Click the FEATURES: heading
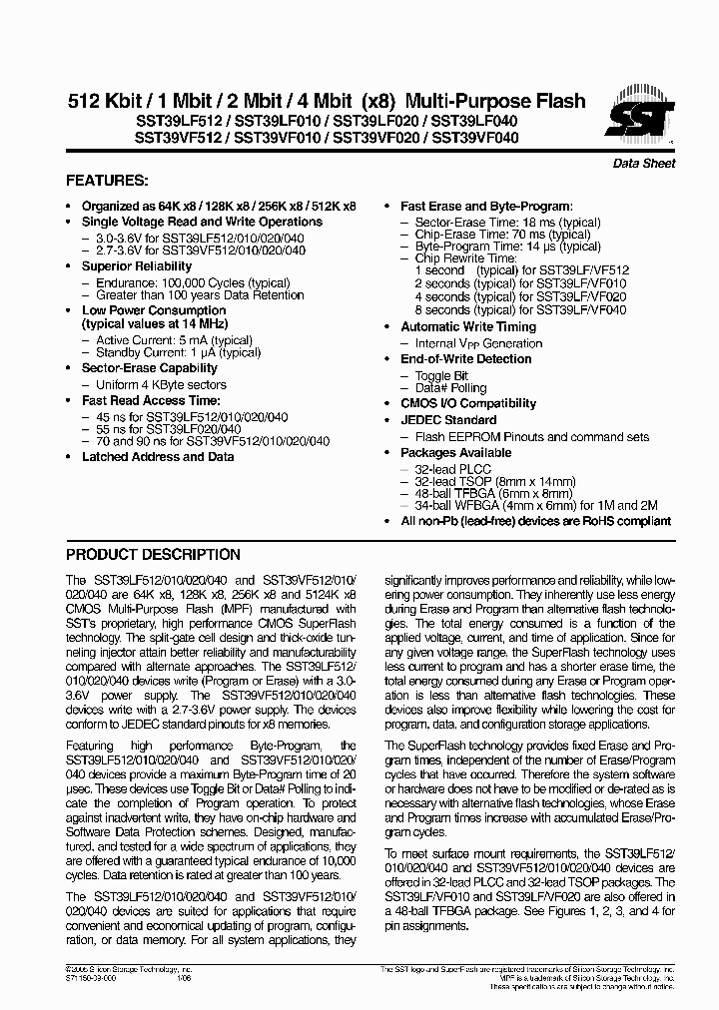coord(107,182)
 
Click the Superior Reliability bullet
coord(137,266)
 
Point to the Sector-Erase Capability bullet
coord(149,368)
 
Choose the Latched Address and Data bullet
coord(158,456)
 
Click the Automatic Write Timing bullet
coord(468,326)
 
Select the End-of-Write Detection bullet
coord(466,358)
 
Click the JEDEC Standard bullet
coord(448,420)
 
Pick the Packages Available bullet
coord(455,452)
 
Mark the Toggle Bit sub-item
coord(440,375)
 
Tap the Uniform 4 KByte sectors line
coord(161,384)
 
